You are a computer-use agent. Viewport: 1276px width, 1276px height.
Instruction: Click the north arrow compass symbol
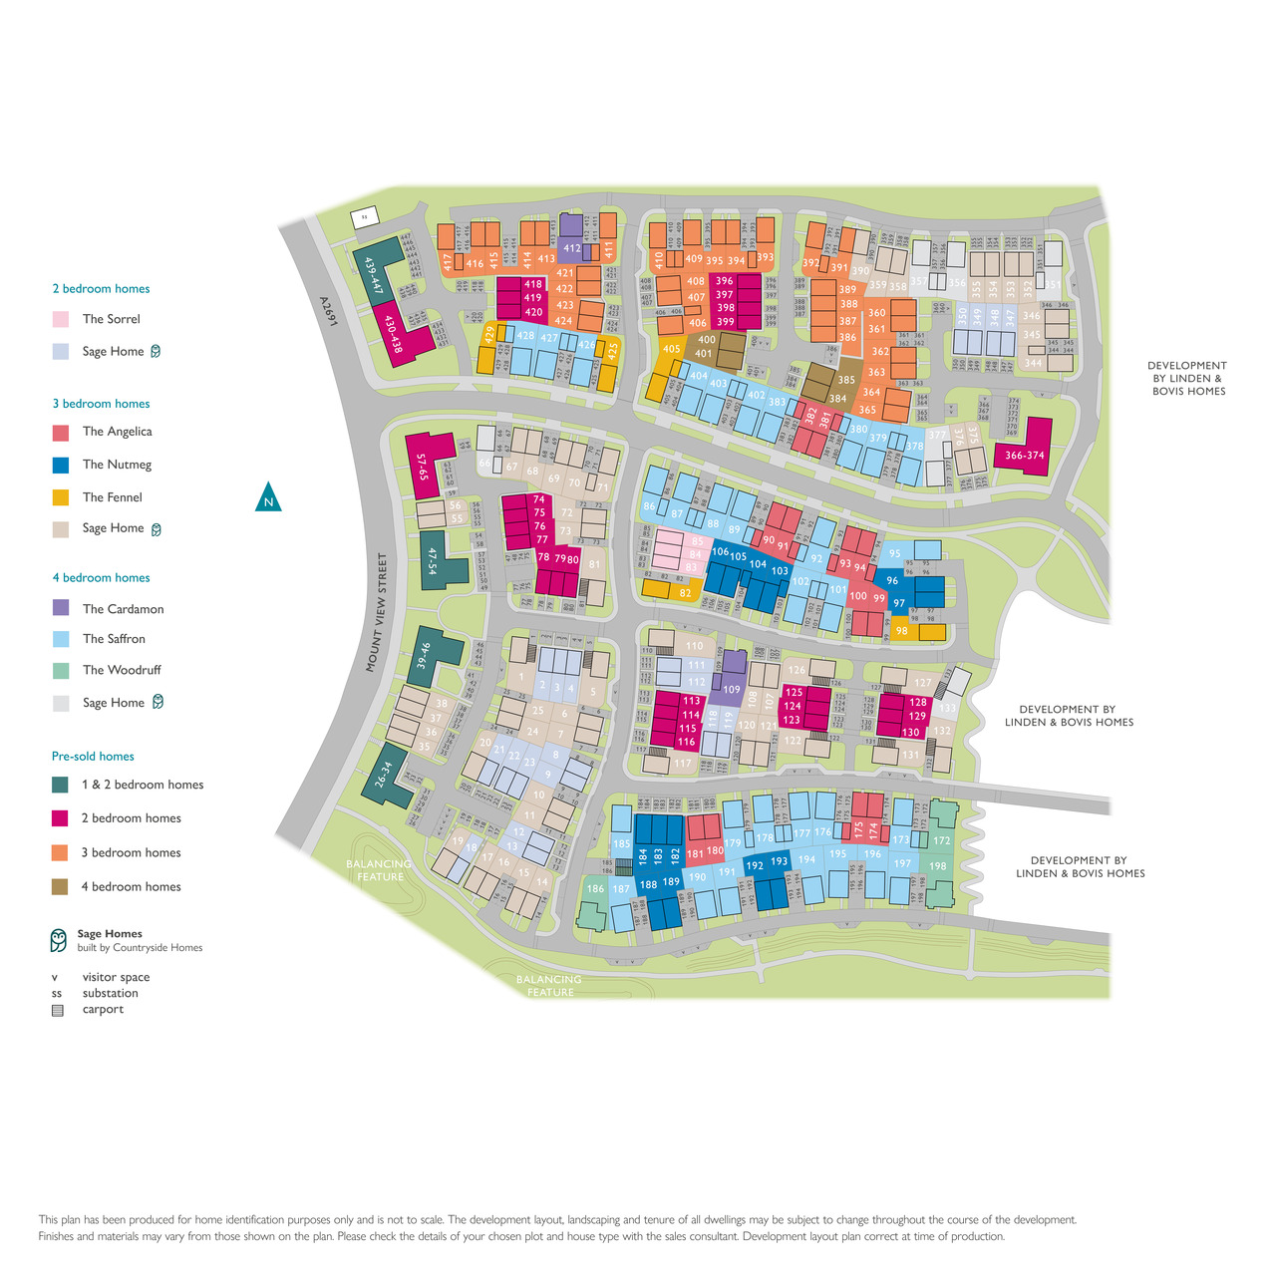point(268,497)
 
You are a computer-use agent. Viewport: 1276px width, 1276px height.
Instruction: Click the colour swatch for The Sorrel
point(61,319)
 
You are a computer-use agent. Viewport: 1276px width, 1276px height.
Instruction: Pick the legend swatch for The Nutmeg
point(61,465)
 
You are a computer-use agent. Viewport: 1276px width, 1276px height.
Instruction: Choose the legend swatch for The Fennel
point(61,497)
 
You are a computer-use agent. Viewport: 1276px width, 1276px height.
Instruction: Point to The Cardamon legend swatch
point(61,608)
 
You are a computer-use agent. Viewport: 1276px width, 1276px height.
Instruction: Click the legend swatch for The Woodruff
point(61,670)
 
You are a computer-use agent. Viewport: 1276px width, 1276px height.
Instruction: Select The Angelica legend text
point(117,432)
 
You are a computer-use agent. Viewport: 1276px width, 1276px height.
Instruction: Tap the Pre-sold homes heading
point(93,757)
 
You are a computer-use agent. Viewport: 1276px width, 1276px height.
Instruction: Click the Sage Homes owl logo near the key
point(59,940)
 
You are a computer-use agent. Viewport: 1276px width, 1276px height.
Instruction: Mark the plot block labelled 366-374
point(1025,455)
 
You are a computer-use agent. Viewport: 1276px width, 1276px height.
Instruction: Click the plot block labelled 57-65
point(423,467)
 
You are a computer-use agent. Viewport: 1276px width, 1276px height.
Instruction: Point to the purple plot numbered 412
point(571,248)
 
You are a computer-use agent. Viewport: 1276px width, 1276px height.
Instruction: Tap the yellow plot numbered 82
point(684,593)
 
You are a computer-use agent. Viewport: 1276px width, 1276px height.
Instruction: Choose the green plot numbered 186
point(595,888)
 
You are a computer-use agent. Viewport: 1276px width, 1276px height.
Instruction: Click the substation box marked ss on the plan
point(364,216)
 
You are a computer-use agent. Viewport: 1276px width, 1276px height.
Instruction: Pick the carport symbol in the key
point(58,1010)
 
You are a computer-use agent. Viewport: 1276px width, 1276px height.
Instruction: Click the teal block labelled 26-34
point(385,778)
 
